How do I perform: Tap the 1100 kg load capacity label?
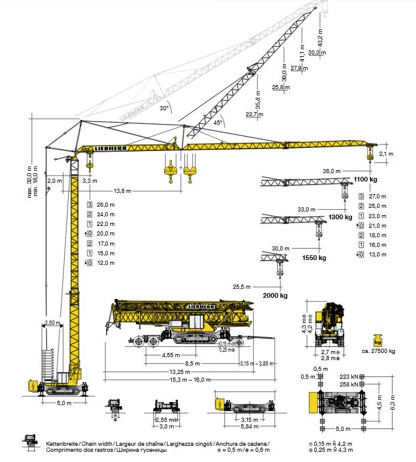click(x=365, y=180)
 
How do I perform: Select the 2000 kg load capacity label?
click(x=275, y=296)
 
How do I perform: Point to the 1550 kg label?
click(x=314, y=258)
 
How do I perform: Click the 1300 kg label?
click(x=339, y=218)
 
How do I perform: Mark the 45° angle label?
click(x=218, y=122)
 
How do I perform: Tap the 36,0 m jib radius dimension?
click(x=331, y=171)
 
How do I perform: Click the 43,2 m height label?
click(x=320, y=38)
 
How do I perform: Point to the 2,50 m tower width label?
click(x=51, y=323)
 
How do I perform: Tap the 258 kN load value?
click(x=350, y=384)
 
